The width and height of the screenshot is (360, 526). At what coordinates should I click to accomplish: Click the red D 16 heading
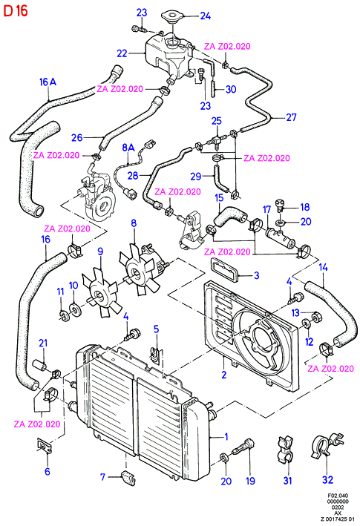pos(16,10)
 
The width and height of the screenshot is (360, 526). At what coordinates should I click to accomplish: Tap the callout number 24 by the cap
pos(205,16)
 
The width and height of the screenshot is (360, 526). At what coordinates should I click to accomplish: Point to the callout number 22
pos(122,53)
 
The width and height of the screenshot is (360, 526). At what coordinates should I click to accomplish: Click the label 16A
pos(48,82)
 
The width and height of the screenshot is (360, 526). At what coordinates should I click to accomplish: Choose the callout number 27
pos(291,117)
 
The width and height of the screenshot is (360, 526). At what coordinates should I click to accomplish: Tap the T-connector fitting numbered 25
pos(216,140)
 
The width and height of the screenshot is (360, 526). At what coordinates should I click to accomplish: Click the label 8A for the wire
pos(128,148)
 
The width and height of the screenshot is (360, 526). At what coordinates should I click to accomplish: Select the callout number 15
pos(219,197)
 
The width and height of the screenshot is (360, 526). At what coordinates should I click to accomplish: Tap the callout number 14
pos(323,267)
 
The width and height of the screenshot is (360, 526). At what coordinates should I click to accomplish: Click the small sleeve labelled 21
pos(39,365)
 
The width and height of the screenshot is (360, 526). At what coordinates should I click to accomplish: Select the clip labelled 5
pos(155,355)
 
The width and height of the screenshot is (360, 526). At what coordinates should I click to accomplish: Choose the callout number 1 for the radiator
pos(226,437)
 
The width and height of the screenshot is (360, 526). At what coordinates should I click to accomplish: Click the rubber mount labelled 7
pos(129,478)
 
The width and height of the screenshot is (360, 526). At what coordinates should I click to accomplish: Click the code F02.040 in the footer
pos(338,496)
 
